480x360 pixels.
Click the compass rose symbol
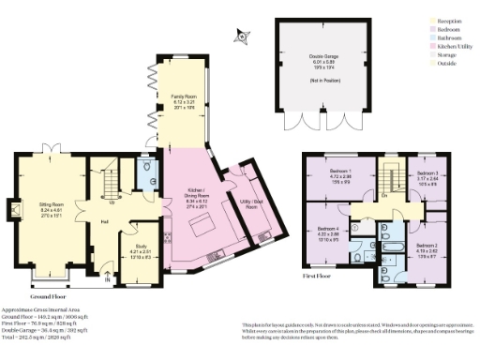pos(241,37)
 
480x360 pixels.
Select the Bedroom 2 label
pos(427,247)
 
